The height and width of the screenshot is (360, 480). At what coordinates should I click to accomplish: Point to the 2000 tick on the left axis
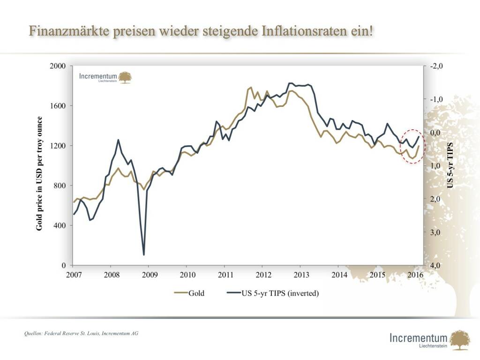pos(58,66)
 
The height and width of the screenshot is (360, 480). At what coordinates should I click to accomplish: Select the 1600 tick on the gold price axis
pos(58,106)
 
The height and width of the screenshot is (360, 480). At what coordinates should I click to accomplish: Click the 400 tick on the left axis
pos(60,225)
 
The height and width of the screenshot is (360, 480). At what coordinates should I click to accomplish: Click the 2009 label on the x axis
pos(149,275)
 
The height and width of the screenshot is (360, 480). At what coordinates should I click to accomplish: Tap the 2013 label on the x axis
pos(302,275)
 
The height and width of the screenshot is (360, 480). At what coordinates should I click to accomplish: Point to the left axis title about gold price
pos(40,173)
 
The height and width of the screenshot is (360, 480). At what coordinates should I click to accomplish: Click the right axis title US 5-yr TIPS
pos(450,165)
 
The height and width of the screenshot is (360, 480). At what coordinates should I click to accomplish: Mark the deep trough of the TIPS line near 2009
pos(144,255)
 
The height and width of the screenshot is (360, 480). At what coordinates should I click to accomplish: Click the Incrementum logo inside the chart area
pos(105,77)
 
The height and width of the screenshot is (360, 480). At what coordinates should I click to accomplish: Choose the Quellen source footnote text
pos(81,333)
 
